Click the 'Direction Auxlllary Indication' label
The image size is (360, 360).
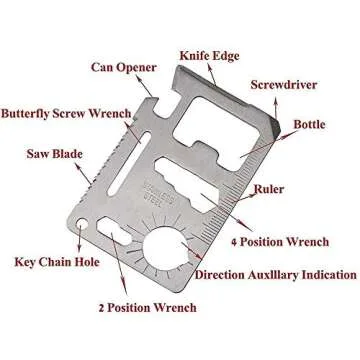click(275, 274)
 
